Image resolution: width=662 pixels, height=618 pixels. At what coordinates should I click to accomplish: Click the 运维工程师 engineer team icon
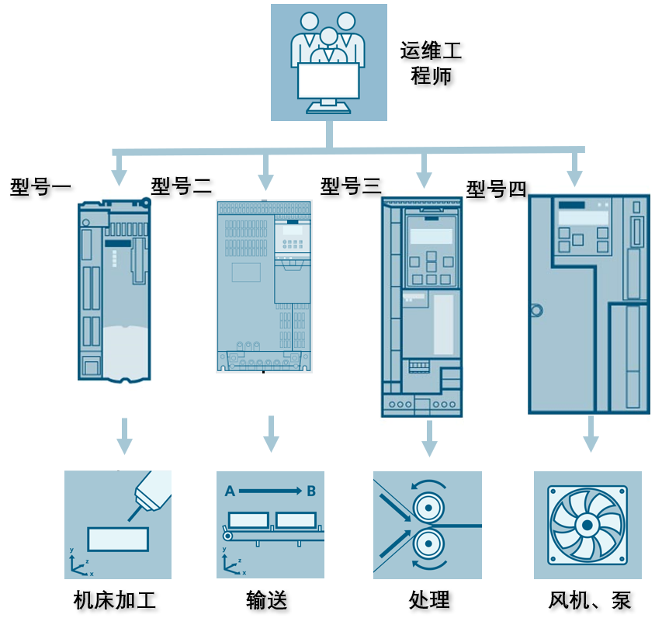coord(328,62)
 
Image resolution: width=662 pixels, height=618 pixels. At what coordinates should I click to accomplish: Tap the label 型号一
coord(40,187)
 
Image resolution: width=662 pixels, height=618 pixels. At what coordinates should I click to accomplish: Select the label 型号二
coord(181,186)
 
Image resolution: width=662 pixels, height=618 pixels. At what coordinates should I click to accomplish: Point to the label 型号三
coord(350,186)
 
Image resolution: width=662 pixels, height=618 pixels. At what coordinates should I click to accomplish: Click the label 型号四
coord(496,189)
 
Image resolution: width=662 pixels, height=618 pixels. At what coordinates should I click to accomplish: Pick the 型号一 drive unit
coord(114,290)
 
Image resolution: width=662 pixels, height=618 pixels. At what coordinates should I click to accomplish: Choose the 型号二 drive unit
coord(264,286)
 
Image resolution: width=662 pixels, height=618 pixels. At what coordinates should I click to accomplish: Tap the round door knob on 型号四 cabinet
coord(535,311)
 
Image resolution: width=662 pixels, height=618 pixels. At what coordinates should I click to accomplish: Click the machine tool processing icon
coord(118,524)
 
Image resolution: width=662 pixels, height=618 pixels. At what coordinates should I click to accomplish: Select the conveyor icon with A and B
coord(270,524)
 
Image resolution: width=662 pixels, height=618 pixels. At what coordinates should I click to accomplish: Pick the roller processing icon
coord(427,524)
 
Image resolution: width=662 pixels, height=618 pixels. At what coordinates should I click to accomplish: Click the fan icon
coord(587,524)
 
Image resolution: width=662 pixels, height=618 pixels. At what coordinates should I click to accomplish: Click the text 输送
coord(267,600)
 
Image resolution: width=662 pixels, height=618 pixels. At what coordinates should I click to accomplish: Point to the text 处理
coord(429,600)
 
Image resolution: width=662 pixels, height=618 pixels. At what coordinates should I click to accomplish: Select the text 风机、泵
coord(589,600)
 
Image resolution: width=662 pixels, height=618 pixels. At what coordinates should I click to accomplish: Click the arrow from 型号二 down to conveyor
coord(271,434)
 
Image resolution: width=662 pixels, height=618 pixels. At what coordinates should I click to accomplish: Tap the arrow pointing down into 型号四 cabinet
coord(574,168)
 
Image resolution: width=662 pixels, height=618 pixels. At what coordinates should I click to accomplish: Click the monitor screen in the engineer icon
coord(328,80)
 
